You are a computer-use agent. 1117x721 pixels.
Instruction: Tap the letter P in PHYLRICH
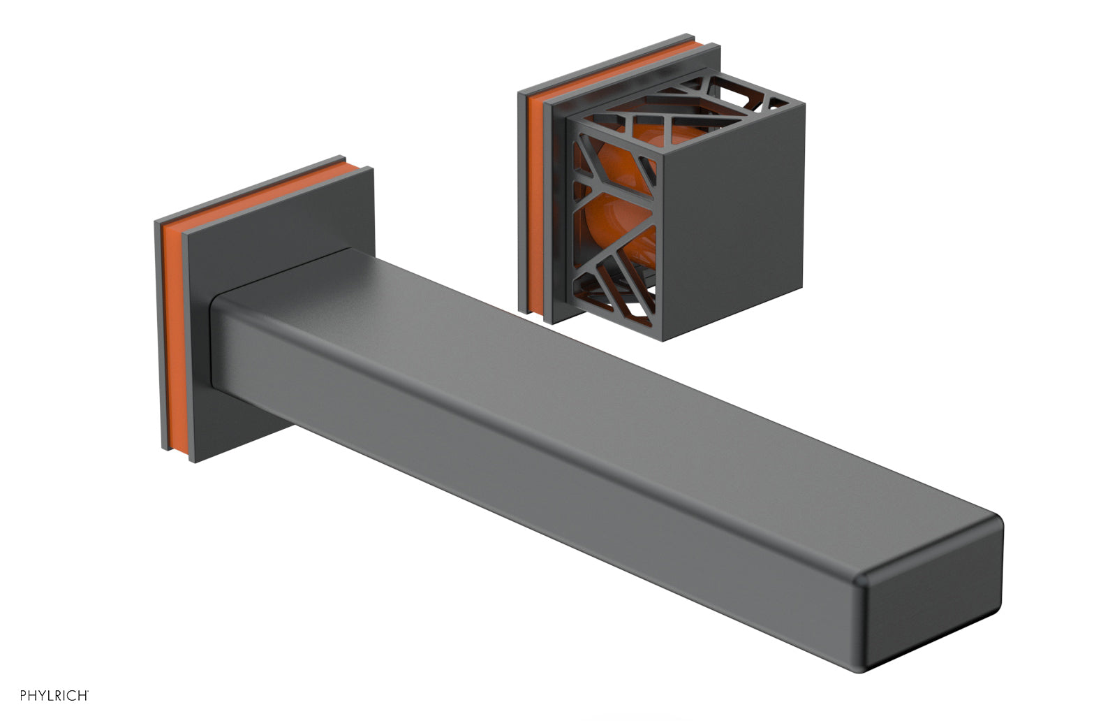(x=23, y=694)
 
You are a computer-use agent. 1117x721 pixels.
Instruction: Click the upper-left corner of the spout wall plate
(x=155, y=223)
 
